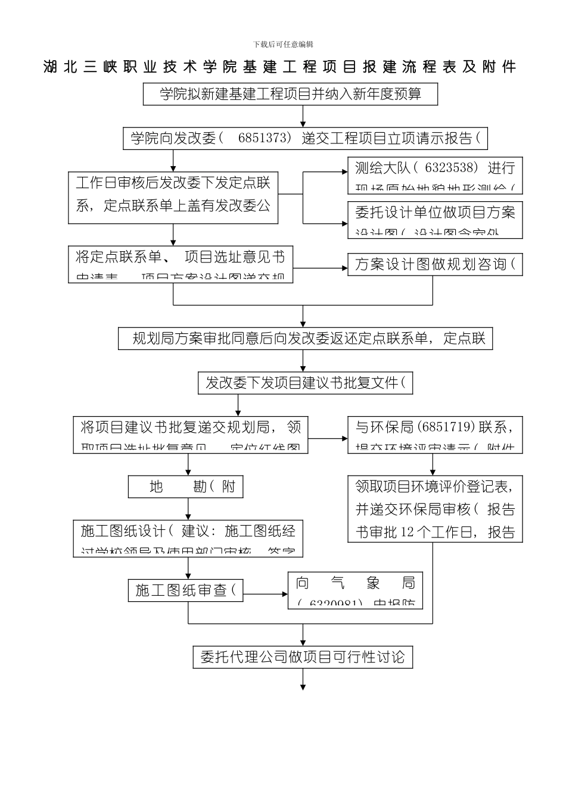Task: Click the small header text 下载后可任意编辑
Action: [283, 44]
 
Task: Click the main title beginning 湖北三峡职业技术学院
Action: [280, 67]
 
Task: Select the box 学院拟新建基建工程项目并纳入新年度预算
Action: [290, 94]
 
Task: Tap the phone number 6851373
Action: [262, 138]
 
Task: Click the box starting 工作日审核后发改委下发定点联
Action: [173, 194]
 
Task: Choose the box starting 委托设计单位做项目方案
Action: [435, 220]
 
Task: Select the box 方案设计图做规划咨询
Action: [435, 264]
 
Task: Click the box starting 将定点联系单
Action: [181, 264]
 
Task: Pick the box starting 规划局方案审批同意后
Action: [305, 339]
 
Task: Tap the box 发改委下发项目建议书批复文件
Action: [305, 383]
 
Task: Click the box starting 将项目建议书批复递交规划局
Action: [191, 435]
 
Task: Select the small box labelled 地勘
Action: [186, 487]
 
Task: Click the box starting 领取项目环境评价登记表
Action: [435, 509]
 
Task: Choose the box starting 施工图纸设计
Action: [188, 539]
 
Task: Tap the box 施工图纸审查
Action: [185, 590]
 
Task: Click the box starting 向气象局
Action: [355, 590]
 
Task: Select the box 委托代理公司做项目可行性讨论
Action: [303, 657]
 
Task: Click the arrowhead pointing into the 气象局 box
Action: [284, 593]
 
